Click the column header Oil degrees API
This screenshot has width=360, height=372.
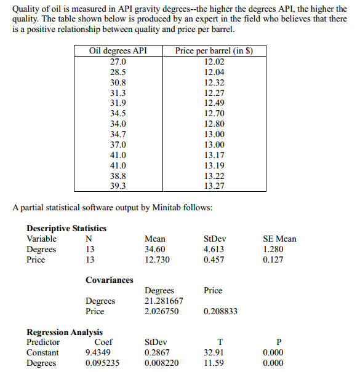coord(118,51)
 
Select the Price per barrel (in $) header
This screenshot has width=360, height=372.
coord(214,51)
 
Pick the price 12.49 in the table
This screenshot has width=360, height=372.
coord(214,103)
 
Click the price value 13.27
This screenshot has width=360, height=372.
coord(214,186)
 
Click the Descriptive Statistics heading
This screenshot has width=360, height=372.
coord(66,228)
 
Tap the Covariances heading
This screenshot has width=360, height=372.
coord(110,280)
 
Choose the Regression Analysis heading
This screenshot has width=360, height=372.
coord(65,332)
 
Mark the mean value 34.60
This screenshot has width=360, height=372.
coord(154,249)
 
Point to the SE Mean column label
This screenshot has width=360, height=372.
coord(279,239)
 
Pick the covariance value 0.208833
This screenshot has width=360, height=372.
coord(220,311)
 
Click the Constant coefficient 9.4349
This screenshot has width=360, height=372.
coord(98,352)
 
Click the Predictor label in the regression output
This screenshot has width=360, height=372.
coord(43,342)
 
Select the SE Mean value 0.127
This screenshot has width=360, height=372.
coord(273,259)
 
